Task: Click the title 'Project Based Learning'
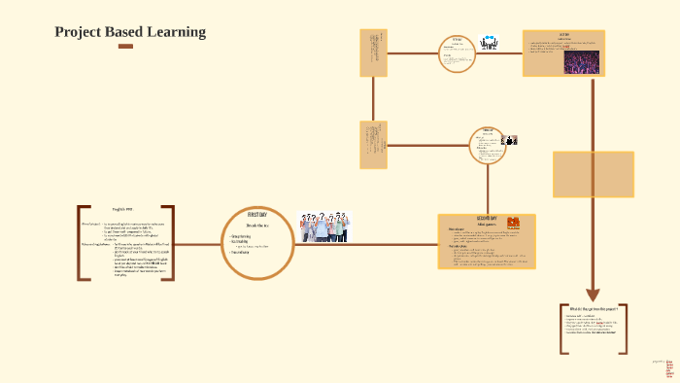[130, 32]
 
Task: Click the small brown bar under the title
[125, 47]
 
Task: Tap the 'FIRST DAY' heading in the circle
[257, 214]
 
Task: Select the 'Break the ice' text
[256, 225]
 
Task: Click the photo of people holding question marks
[324, 226]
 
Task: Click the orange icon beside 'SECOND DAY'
[515, 223]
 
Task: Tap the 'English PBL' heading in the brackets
[121, 210]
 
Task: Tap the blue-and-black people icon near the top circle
[489, 43]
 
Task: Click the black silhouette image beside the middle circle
[511, 140]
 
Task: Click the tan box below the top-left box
[374, 144]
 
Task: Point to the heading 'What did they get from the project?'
[595, 310]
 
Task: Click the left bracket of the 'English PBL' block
[82, 243]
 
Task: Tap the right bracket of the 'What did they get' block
[623, 330]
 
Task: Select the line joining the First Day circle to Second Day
[365, 243]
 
